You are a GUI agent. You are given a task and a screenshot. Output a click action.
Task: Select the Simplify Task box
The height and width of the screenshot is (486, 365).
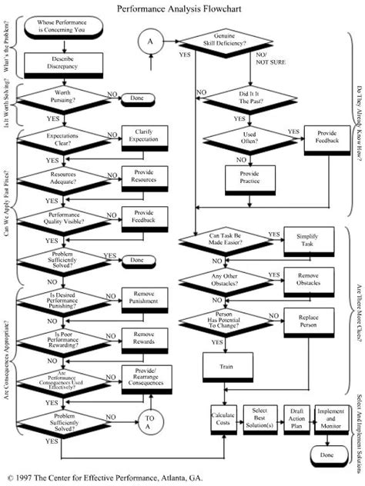tap(307, 238)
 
